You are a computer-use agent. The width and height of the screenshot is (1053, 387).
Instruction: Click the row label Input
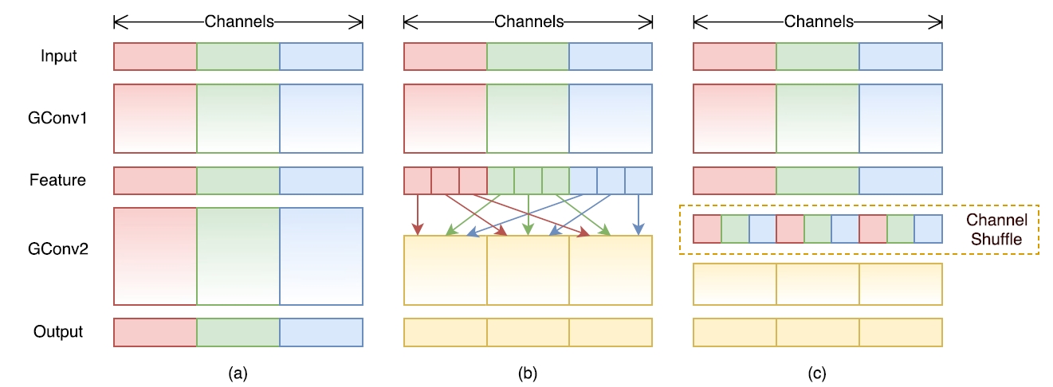coord(59,57)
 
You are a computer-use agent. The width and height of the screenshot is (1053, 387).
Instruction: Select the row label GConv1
coord(59,118)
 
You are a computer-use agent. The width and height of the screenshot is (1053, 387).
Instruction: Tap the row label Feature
coord(59,180)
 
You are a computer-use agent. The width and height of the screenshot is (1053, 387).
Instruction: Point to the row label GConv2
coord(59,249)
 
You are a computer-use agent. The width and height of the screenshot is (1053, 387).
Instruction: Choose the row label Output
coord(59,331)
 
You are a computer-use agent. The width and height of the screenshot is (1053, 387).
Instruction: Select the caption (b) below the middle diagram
coord(528,372)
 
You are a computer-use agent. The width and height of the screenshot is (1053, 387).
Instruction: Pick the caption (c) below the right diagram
coord(817,372)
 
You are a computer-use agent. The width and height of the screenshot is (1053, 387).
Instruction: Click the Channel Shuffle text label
coord(996,229)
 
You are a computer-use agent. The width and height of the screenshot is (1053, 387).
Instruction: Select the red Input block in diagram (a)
coord(155,57)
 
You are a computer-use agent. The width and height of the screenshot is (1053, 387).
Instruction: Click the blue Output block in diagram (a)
coord(321,332)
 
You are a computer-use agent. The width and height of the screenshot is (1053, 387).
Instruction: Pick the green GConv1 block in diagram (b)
coord(528,118)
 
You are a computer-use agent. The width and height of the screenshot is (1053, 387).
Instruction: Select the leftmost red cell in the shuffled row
coord(707,229)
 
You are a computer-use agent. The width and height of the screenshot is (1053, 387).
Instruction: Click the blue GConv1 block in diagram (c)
coord(901,118)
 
